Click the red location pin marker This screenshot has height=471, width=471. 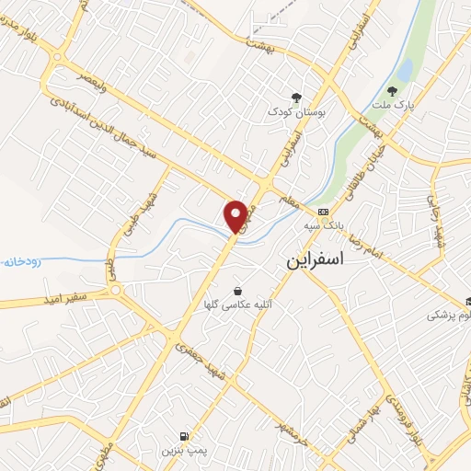click(237, 215)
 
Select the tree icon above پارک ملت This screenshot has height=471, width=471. click(393, 91)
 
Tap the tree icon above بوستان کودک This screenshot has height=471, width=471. click(296, 97)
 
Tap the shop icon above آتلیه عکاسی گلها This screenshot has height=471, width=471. click(238, 291)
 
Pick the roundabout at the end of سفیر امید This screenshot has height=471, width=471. click(115, 292)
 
